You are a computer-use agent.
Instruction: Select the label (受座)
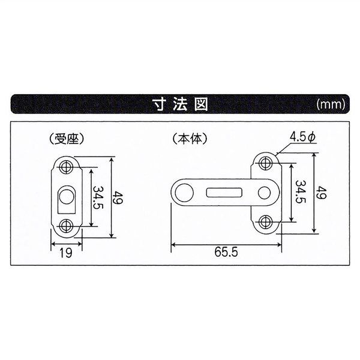tap(66, 139)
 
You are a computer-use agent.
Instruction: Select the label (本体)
tap(190, 139)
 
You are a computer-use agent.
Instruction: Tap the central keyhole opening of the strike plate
tap(67, 197)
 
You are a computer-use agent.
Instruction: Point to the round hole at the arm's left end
tap(185, 192)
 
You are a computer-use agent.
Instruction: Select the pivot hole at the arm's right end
tap(265, 192)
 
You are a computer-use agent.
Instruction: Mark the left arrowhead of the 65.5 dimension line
tap(174, 244)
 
